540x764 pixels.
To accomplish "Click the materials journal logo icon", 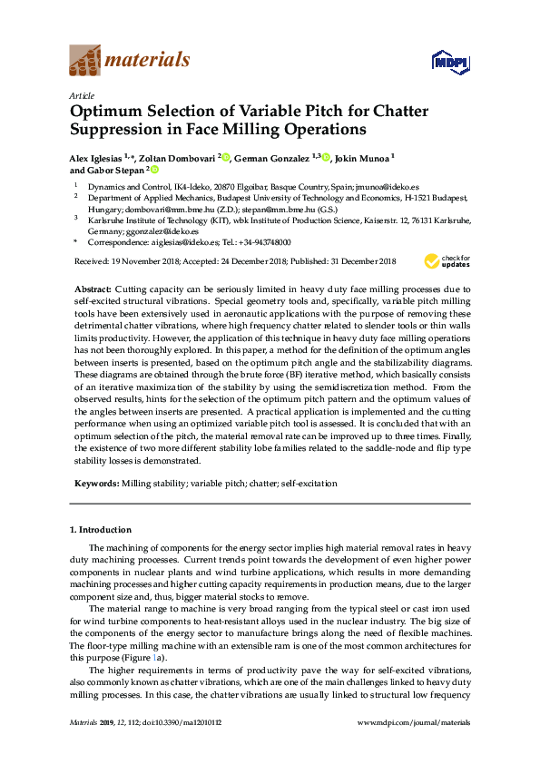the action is (85, 61).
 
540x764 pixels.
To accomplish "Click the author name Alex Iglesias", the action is (96, 157).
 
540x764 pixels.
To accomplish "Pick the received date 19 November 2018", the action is (136, 261).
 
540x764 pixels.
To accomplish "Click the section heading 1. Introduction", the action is (101, 529).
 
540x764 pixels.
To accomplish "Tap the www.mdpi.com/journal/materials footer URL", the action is (415, 748).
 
